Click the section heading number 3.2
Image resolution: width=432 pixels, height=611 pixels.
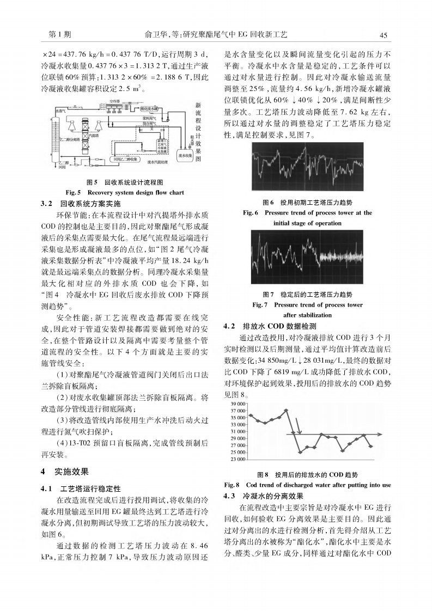coord(47,203)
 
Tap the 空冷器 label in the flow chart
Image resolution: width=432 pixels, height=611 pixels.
coord(114,102)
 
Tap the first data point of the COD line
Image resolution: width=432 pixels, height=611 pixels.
coord(250,416)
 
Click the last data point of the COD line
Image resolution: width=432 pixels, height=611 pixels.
coord(370,447)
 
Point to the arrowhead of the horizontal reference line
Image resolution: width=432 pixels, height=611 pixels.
coord(380,434)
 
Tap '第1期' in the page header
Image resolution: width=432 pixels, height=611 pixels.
coord(60,35)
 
